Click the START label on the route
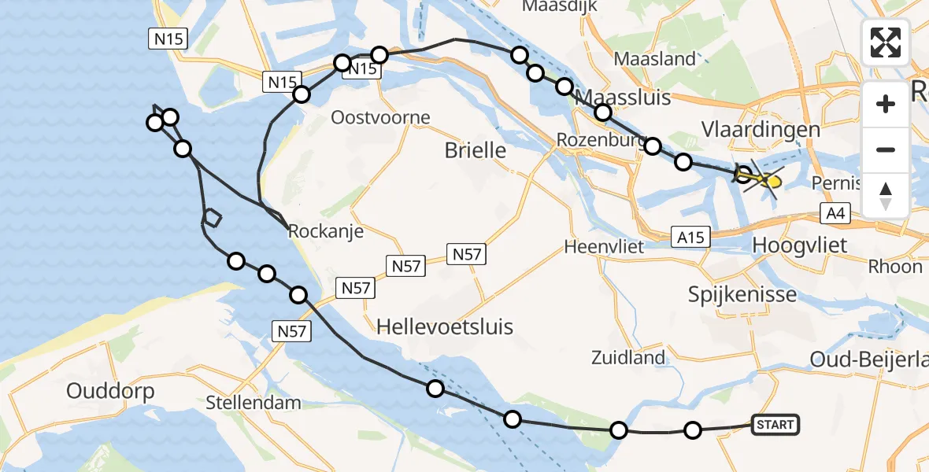tap(775, 425)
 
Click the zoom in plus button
tap(886, 104)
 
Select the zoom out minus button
tap(886, 149)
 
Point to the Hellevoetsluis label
tap(445, 326)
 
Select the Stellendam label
tap(254, 404)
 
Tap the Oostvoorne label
tap(381, 118)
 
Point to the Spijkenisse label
tap(742, 295)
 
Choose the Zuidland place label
tap(628, 358)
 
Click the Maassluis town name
tap(624, 98)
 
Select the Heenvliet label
tap(605, 246)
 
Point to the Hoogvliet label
tap(800, 245)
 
